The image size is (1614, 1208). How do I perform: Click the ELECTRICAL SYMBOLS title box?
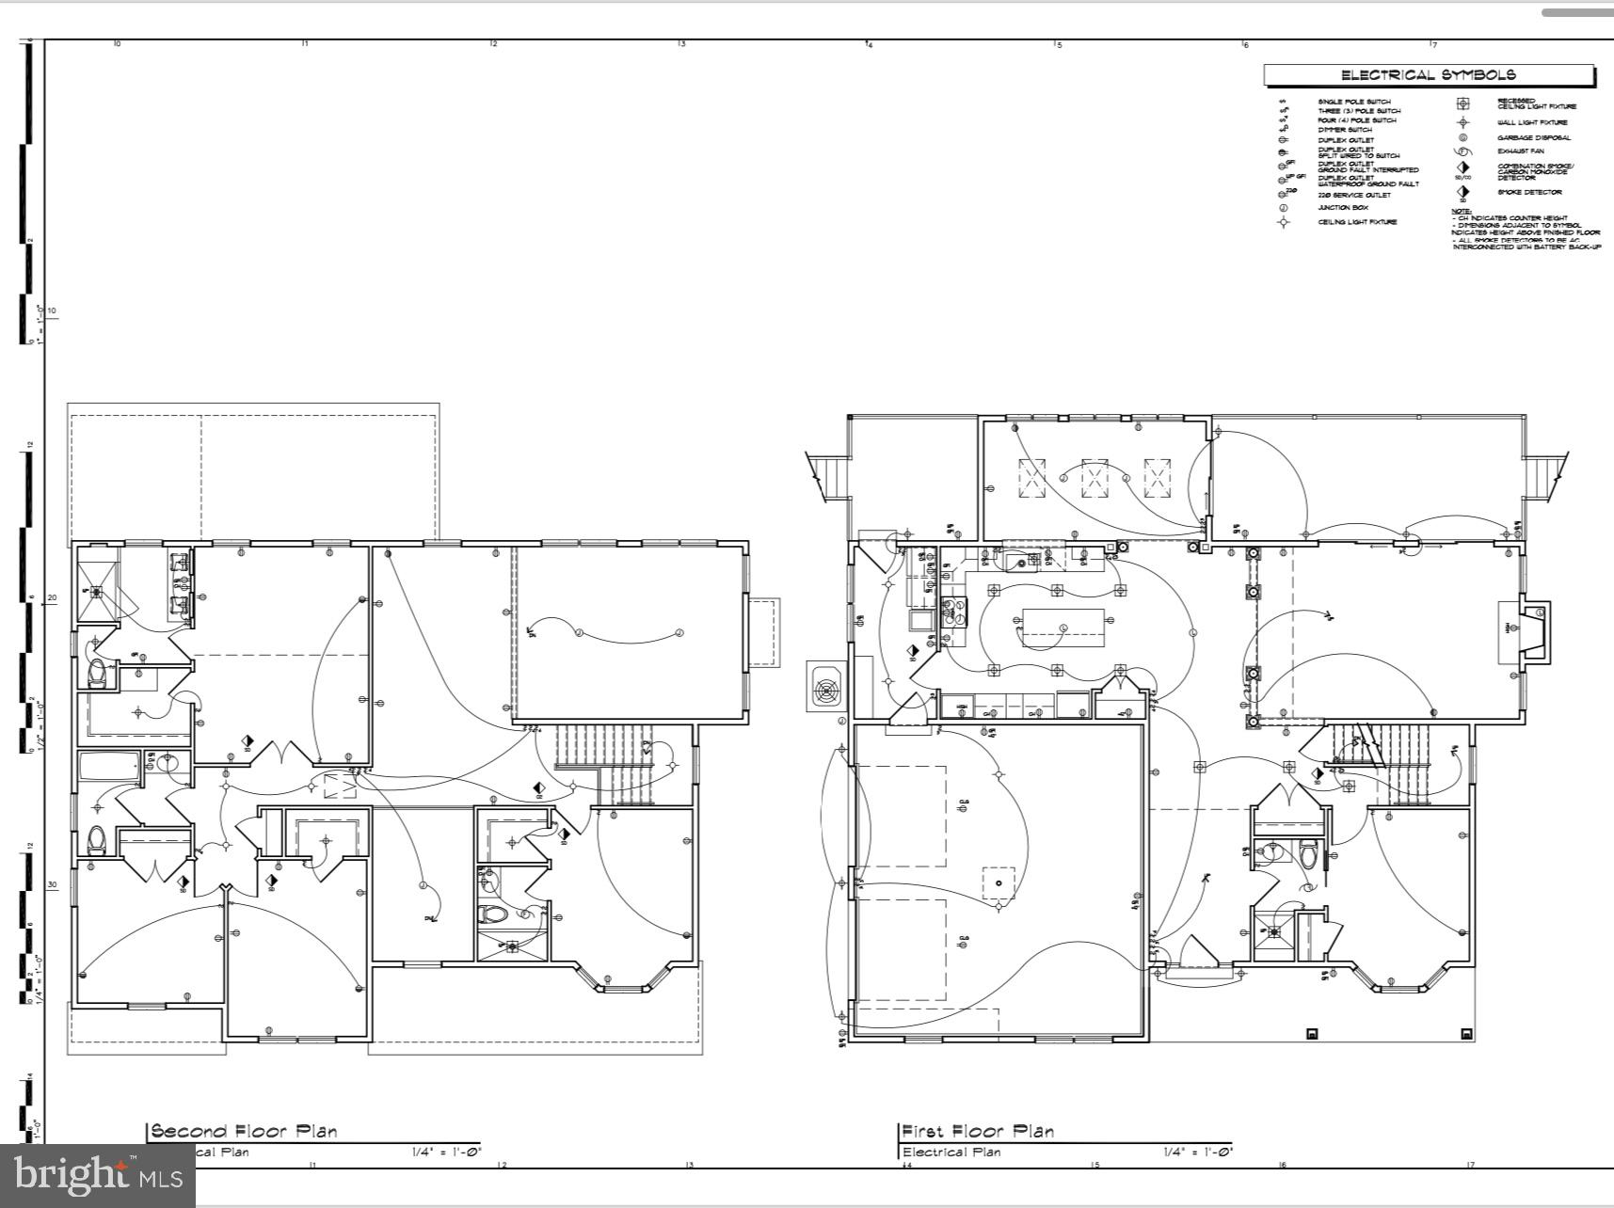coord(1428,75)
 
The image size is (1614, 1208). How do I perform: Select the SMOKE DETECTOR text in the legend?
coord(1529,193)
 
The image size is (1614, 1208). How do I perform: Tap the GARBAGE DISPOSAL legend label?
coord(1533,137)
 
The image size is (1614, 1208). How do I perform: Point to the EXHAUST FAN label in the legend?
coord(1520,151)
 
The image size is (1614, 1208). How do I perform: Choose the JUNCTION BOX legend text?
coord(1342,207)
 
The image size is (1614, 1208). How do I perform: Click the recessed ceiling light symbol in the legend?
coord(1462,103)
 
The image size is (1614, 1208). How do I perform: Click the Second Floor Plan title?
coord(244,1131)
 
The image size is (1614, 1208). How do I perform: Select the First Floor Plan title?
coord(978,1131)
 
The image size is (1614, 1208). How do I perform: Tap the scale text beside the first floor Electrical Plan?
coord(1197,1152)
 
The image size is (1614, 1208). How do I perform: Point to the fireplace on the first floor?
coord(1525,630)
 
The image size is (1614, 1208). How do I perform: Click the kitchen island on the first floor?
coord(1063,628)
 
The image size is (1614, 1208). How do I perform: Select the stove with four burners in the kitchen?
coord(954,612)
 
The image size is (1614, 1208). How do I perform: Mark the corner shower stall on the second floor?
coord(98,591)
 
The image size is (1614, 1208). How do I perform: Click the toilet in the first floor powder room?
coord(1308,855)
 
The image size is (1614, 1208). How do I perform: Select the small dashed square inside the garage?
coord(999,883)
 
